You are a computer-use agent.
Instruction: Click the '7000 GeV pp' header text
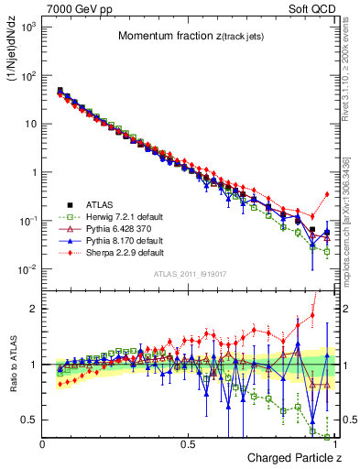point(74,9)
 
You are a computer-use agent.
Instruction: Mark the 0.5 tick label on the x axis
point(188,444)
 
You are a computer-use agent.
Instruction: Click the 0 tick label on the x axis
point(42,444)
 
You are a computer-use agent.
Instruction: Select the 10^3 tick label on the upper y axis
point(27,27)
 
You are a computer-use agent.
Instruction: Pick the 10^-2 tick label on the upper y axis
point(27,269)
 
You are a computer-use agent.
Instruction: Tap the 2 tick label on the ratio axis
point(34,309)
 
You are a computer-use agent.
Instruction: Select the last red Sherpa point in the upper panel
point(328,194)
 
